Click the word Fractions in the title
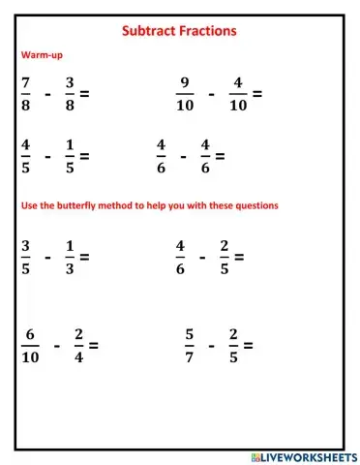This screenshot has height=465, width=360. click(x=207, y=31)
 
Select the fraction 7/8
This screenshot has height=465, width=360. click(x=25, y=95)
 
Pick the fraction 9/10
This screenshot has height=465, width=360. click(x=185, y=95)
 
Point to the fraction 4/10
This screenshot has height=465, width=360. click(x=238, y=95)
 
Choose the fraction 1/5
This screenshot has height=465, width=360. click(x=70, y=154)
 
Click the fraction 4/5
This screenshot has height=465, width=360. click(x=25, y=154)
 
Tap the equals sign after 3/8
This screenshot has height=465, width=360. click(x=85, y=95)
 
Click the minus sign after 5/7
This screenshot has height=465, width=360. click(x=211, y=344)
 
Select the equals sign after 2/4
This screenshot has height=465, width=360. click(x=94, y=344)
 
